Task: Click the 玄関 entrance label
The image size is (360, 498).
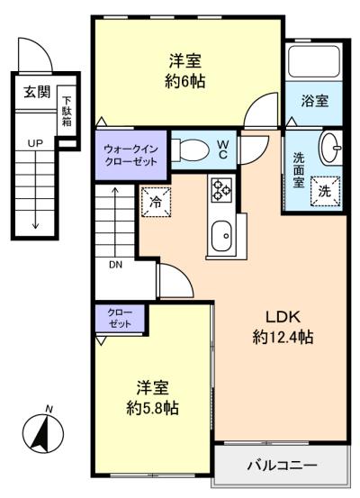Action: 36,91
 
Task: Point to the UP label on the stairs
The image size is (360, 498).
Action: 35,143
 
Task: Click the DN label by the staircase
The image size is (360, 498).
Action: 116,266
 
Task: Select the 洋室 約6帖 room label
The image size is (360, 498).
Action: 185,71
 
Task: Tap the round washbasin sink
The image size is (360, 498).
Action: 331,146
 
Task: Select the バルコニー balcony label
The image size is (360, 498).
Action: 281,466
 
